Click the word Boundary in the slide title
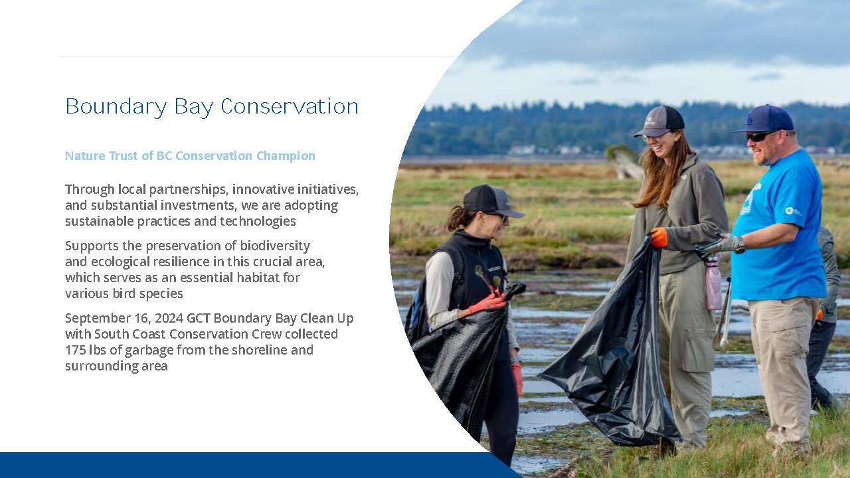tap(116, 107)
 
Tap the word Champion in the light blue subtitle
tap(286, 155)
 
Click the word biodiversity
tap(275, 246)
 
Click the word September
tap(98, 318)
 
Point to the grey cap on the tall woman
tap(659, 121)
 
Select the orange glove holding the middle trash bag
tap(659, 238)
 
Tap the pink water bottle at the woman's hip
tap(713, 283)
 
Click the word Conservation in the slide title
tap(289, 107)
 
